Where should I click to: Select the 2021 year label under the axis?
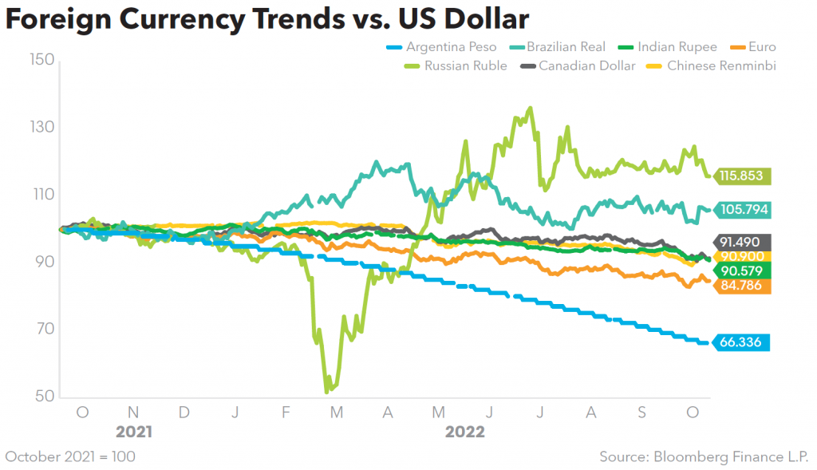133,432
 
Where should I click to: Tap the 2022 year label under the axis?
464,432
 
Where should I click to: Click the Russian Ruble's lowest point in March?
327,392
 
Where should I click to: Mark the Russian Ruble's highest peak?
531,108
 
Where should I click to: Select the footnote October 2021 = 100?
70,456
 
